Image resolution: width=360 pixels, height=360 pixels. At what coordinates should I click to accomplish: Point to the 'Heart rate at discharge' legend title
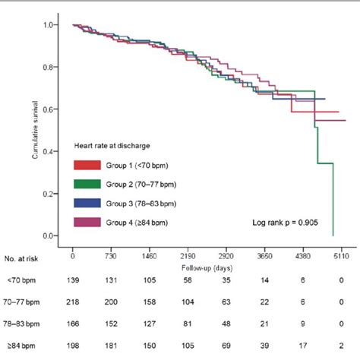coord(111,144)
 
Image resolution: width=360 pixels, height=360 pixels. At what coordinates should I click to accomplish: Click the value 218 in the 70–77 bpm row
coord(73,303)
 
